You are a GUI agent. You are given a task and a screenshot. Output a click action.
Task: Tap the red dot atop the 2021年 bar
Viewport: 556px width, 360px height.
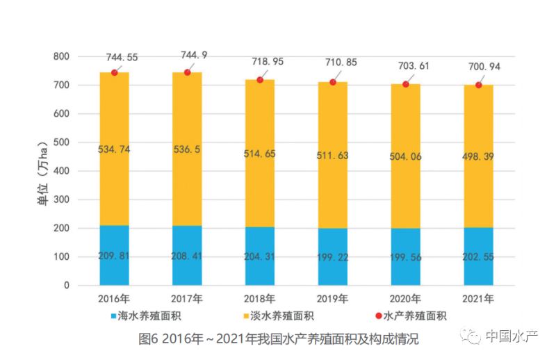(478, 85)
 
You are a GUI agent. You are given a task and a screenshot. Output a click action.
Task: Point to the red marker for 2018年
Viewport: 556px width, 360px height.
(260, 80)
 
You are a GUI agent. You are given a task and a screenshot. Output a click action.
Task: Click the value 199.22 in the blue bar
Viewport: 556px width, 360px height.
(333, 256)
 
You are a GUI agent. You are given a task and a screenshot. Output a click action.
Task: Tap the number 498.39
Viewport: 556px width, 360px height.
(478, 156)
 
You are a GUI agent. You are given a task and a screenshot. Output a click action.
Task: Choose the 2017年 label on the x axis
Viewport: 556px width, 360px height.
(187, 299)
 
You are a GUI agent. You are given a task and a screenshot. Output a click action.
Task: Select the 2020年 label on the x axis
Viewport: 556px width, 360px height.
(406, 299)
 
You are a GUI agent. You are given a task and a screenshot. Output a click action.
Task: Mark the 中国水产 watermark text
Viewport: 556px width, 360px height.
(511, 337)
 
